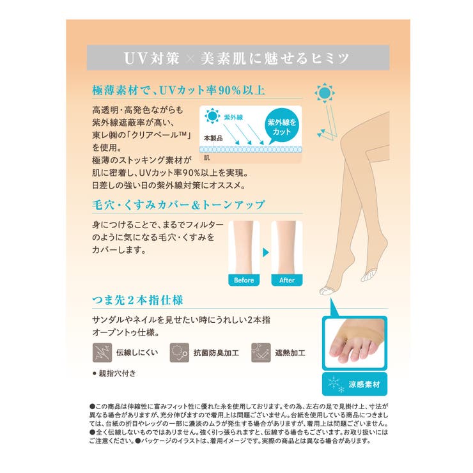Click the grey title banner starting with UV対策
pyautogui.click(x=236, y=58)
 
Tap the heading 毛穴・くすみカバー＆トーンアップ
pyautogui.click(x=177, y=205)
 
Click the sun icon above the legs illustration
pyautogui.click(x=325, y=95)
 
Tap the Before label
pyautogui.click(x=244, y=280)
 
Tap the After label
pyautogui.click(x=287, y=280)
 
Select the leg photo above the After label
pyautogui.click(x=287, y=248)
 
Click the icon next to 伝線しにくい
pyautogui.click(x=101, y=352)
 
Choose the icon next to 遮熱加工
pyautogui.click(x=260, y=352)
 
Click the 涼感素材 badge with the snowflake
pyautogui.click(x=355, y=384)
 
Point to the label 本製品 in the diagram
pyautogui.click(x=213, y=137)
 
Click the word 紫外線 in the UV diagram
pyautogui.click(x=235, y=118)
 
